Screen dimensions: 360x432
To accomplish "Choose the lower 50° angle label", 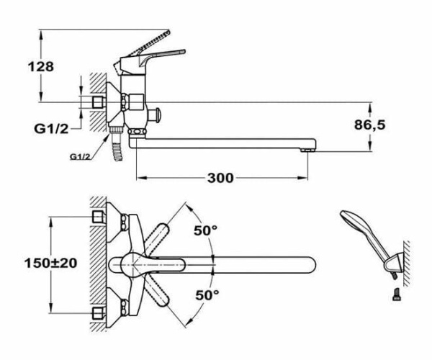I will pyautogui.click(x=206, y=294).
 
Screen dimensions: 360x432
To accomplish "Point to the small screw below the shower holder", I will pyautogui.click(x=395, y=294).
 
